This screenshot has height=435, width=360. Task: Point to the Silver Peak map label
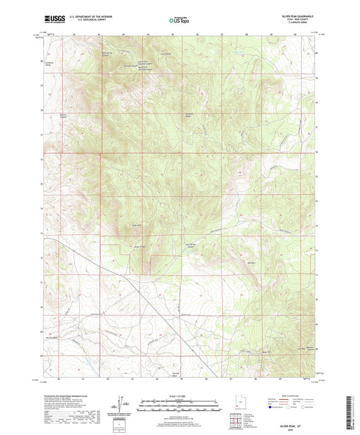[137, 225]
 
